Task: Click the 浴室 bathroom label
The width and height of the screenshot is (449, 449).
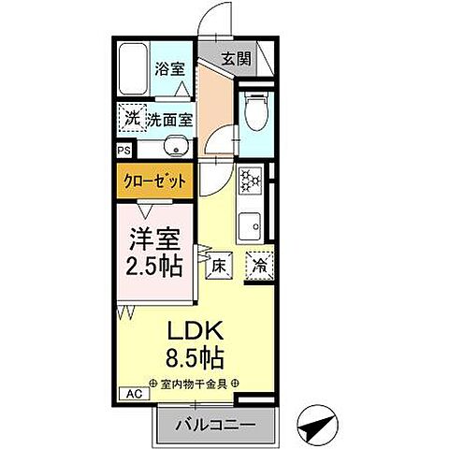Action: (169, 67)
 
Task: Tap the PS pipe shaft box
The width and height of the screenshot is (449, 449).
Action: (123, 149)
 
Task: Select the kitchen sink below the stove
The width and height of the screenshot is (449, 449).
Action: (251, 225)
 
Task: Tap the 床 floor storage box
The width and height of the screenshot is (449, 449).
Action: (216, 265)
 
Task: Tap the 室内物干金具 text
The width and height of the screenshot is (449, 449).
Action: (193, 383)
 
